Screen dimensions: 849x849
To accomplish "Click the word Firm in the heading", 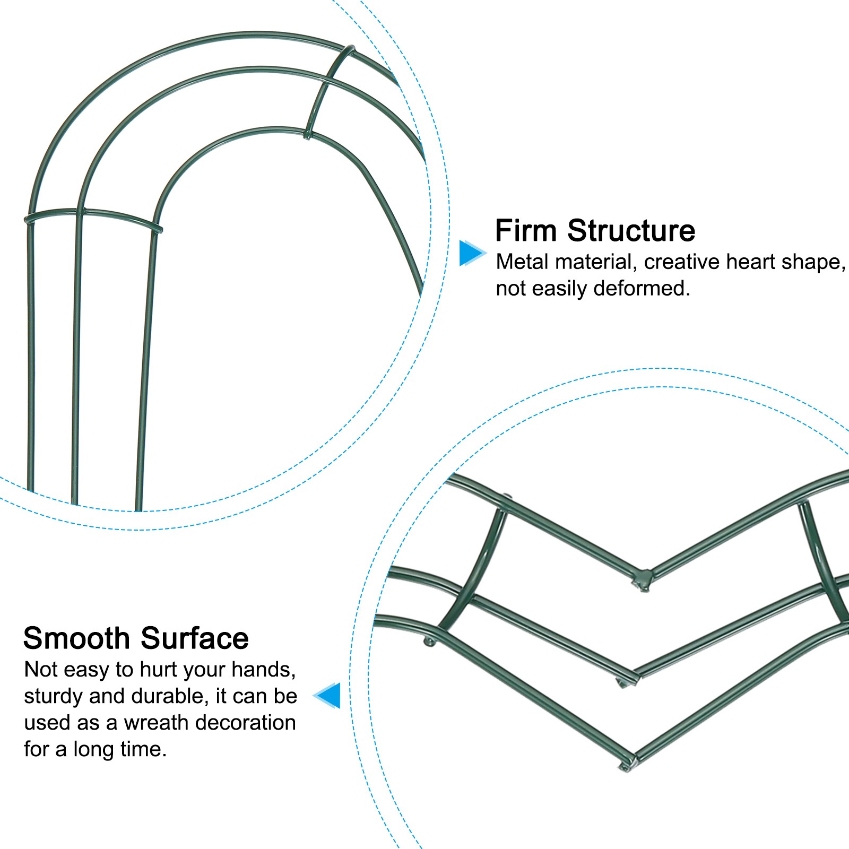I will [x=526, y=231].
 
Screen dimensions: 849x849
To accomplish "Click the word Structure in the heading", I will [x=631, y=231].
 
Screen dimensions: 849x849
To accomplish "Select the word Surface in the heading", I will [x=195, y=638].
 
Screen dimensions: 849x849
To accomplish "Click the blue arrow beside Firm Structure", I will [x=471, y=253].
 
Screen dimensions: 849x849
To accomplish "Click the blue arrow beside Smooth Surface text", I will [x=328, y=695].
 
